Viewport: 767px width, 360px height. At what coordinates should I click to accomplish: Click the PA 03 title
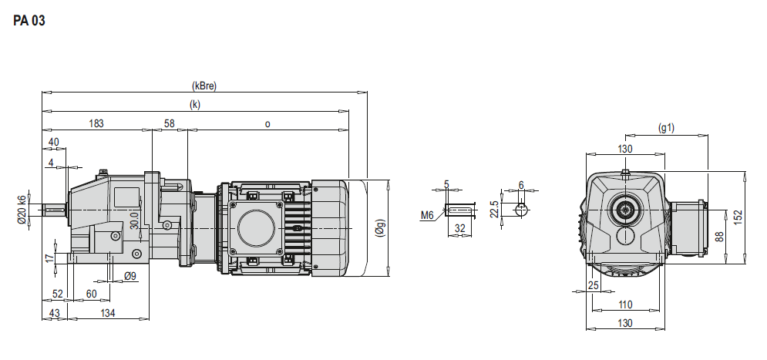point(29,21)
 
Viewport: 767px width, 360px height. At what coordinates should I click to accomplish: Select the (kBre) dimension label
point(204,86)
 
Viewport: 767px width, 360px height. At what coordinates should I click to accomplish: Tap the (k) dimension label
point(195,105)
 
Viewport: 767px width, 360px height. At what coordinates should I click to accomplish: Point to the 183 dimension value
point(96,123)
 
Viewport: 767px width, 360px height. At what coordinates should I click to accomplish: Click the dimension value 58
point(170,123)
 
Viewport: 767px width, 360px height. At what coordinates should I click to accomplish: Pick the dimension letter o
point(267,124)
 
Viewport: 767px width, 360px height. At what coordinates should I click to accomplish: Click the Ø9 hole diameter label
point(130,276)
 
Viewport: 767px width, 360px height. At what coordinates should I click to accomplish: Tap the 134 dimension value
point(108,313)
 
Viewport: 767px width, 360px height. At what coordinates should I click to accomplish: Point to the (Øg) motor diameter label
point(381,228)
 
